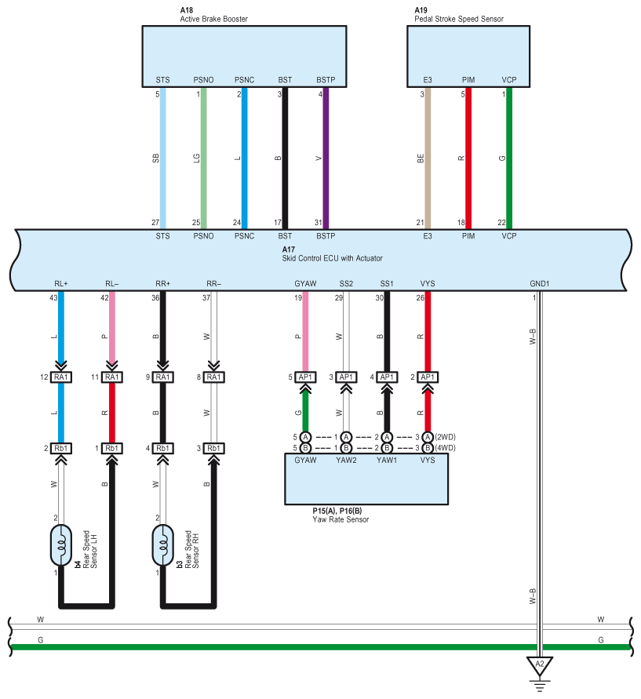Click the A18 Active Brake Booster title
[x=213, y=15]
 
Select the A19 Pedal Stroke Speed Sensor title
[x=459, y=15]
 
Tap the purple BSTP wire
[x=326, y=158]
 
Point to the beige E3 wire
[x=428, y=158]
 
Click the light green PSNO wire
[x=204, y=158]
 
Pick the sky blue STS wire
[x=162, y=158]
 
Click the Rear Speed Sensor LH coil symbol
[x=61, y=545]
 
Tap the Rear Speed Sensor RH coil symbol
[x=162, y=545]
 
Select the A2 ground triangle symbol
[x=539, y=666]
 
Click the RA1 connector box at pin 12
[x=61, y=377]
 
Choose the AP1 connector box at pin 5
[x=305, y=377]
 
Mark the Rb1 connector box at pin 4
[x=162, y=448]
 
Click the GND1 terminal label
[x=539, y=283]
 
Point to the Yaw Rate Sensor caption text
[x=341, y=519]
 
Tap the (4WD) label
[x=446, y=448]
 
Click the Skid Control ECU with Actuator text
[x=332, y=258]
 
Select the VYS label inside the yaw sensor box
[x=428, y=460]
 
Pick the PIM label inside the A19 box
[x=468, y=80]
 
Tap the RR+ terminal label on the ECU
[x=162, y=283]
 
